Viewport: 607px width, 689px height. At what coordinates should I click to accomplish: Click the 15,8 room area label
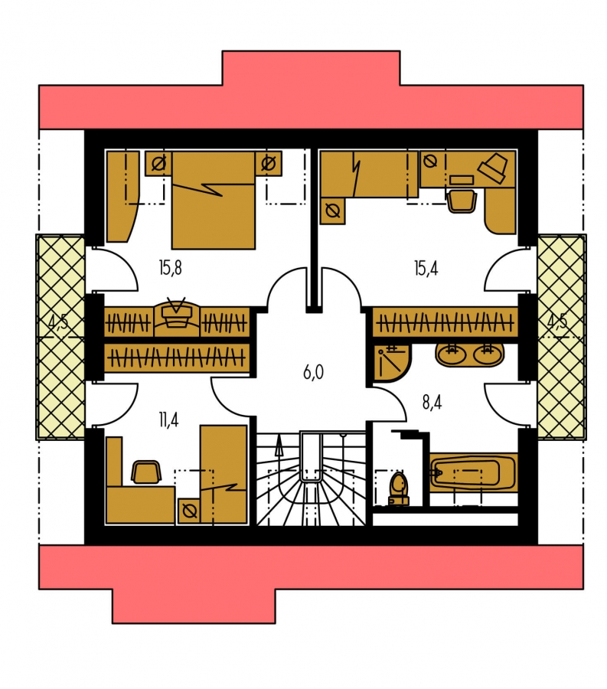click(x=171, y=268)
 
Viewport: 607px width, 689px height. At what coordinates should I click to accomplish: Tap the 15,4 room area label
click(x=426, y=268)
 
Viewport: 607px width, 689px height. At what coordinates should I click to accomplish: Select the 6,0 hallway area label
click(x=313, y=373)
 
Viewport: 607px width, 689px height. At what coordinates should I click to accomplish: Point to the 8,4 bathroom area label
click(x=432, y=403)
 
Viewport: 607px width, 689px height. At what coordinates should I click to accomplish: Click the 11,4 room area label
click(x=168, y=420)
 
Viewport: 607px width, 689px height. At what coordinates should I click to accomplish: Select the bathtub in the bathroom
click(x=472, y=473)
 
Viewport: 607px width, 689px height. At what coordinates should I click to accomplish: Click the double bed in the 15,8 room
click(x=214, y=201)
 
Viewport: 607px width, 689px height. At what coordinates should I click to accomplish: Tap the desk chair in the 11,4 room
click(x=146, y=472)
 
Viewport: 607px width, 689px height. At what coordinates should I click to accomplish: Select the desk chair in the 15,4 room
click(x=462, y=201)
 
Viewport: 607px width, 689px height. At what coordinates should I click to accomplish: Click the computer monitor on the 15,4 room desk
click(x=494, y=168)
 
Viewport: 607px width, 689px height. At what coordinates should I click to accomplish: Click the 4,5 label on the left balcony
click(x=58, y=322)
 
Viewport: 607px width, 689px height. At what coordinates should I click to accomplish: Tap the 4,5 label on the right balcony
click(x=557, y=322)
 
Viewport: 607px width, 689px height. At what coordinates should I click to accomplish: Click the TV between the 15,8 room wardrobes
click(x=177, y=312)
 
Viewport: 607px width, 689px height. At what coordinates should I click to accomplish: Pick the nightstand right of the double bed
click(x=269, y=164)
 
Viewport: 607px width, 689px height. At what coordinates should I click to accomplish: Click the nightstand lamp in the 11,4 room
click(x=189, y=511)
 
